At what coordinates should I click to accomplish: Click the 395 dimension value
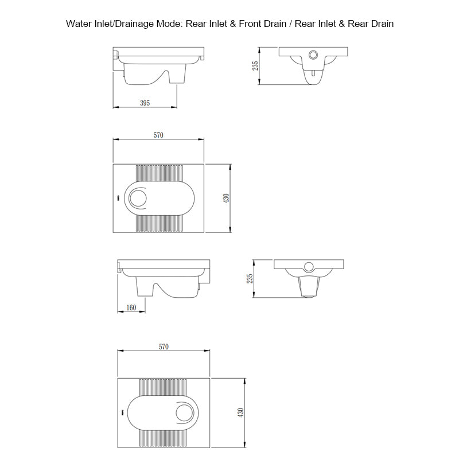[x=145, y=103]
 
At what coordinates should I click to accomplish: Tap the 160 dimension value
[x=131, y=308]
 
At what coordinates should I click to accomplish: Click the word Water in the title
[x=79, y=24]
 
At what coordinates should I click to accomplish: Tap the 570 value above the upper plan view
[x=159, y=135]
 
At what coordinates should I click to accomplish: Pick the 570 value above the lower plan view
[x=164, y=347]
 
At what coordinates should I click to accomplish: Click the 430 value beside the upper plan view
[x=227, y=198]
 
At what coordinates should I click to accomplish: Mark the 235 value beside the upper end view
[x=256, y=65]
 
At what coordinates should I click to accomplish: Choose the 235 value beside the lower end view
[x=250, y=278]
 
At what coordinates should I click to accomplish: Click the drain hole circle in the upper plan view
[x=138, y=198]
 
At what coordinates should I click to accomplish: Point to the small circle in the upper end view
[x=313, y=55]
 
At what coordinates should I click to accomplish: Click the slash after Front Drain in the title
[x=290, y=24]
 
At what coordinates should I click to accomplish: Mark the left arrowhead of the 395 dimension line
[x=115, y=107]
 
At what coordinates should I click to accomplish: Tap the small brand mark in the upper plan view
[x=118, y=198]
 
